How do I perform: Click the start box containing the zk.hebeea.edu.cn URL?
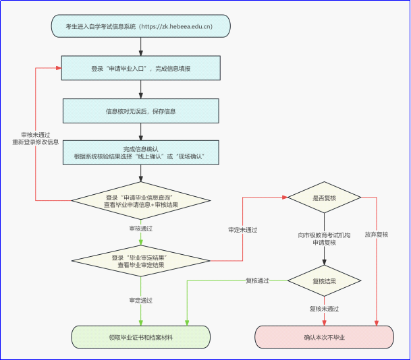[x=141, y=26]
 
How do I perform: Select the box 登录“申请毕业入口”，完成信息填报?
[x=141, y=68]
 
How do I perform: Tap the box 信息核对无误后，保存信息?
[x=141, y=111]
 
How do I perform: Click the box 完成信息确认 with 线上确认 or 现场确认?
[x=141, y=152]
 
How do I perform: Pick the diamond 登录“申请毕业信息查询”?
[x=141, y=200]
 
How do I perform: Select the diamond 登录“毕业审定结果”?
[x=141, y=261]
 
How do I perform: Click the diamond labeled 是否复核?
[x=324, y=198]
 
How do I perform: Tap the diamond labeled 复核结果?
[x=324, y=280]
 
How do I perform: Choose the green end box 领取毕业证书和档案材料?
[x=141, y=337]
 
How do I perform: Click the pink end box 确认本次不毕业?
[x=324, y=337]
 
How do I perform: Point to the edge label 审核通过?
[x=141, y=229]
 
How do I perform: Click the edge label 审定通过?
[x=141, y=300]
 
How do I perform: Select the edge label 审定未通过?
[x=243, y=230]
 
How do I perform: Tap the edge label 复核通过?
[x=257, y=280]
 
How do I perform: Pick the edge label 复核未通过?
[x=324, y=309]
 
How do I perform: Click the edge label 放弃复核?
[x=377, y=235]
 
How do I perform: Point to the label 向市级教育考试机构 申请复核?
[x=324, y=239]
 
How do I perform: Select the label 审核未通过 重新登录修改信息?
[x=35, y=138]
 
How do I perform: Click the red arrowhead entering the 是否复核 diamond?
[x=285, y=198]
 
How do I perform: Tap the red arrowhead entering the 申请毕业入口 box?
[x=59, y=68]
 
